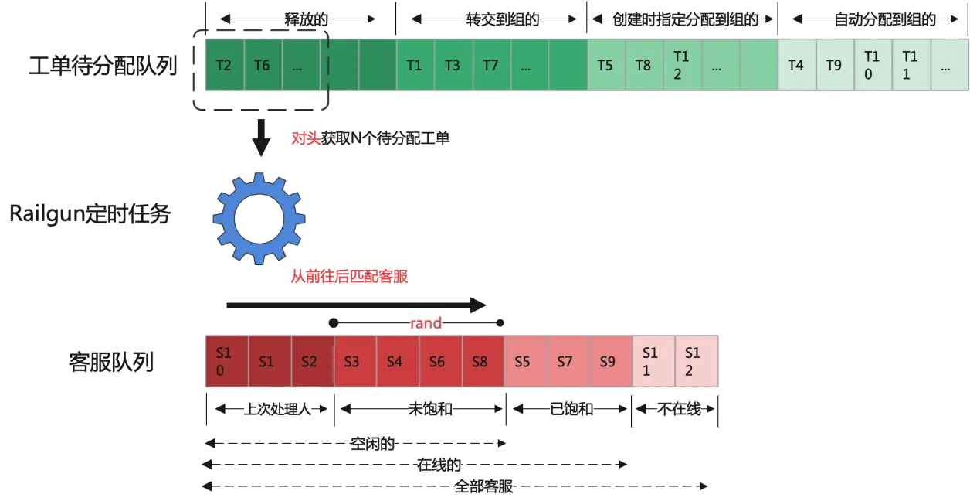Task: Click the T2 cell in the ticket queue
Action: (x=225, y=65)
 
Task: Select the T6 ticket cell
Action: (x=263, y=65)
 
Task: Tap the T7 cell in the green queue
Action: (x=492, y=65)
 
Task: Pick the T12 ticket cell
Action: (x=682, y=65)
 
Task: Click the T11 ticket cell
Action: (x=911, y=65)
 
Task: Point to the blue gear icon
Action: (x=259, y=219)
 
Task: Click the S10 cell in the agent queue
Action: (x=227, y=361)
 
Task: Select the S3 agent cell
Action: (x=355, y=361)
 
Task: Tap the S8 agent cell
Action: (x=483, y=361)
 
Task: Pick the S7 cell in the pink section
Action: (x=568, y=361)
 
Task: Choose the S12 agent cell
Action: (x=697, y=361)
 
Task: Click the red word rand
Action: (x=426, y=323)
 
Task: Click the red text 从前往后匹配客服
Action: (x=349, y=276)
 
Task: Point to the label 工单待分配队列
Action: (x=103, y=66)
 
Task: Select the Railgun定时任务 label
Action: (x=90, y=213)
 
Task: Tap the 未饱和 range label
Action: (x=430, y=409)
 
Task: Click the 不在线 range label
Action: (x=679, y=409)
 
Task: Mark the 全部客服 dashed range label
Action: (x=483, y=486)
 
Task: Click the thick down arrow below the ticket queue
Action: (x=261, y=138)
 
